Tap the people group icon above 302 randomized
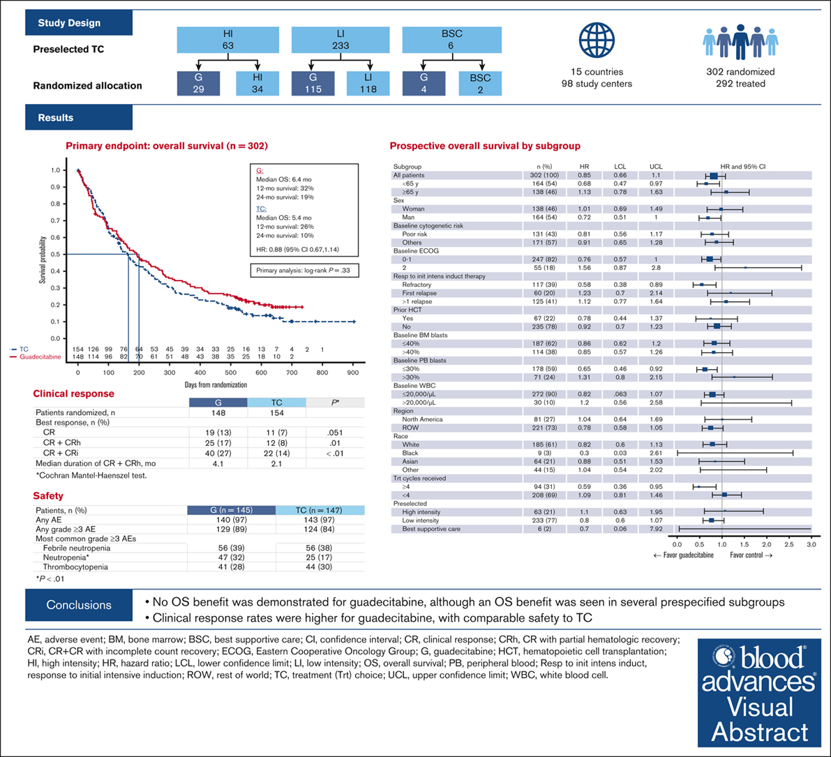(740, 41)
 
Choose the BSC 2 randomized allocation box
(479, 82)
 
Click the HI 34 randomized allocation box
(256, 82)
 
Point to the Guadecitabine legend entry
(41, 357)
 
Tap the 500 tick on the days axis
(352, 373)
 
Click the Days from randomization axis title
(216, 385)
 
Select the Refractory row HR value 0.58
(585, 285)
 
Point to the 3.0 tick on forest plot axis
(811, 543)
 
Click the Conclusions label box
(79, 605)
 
